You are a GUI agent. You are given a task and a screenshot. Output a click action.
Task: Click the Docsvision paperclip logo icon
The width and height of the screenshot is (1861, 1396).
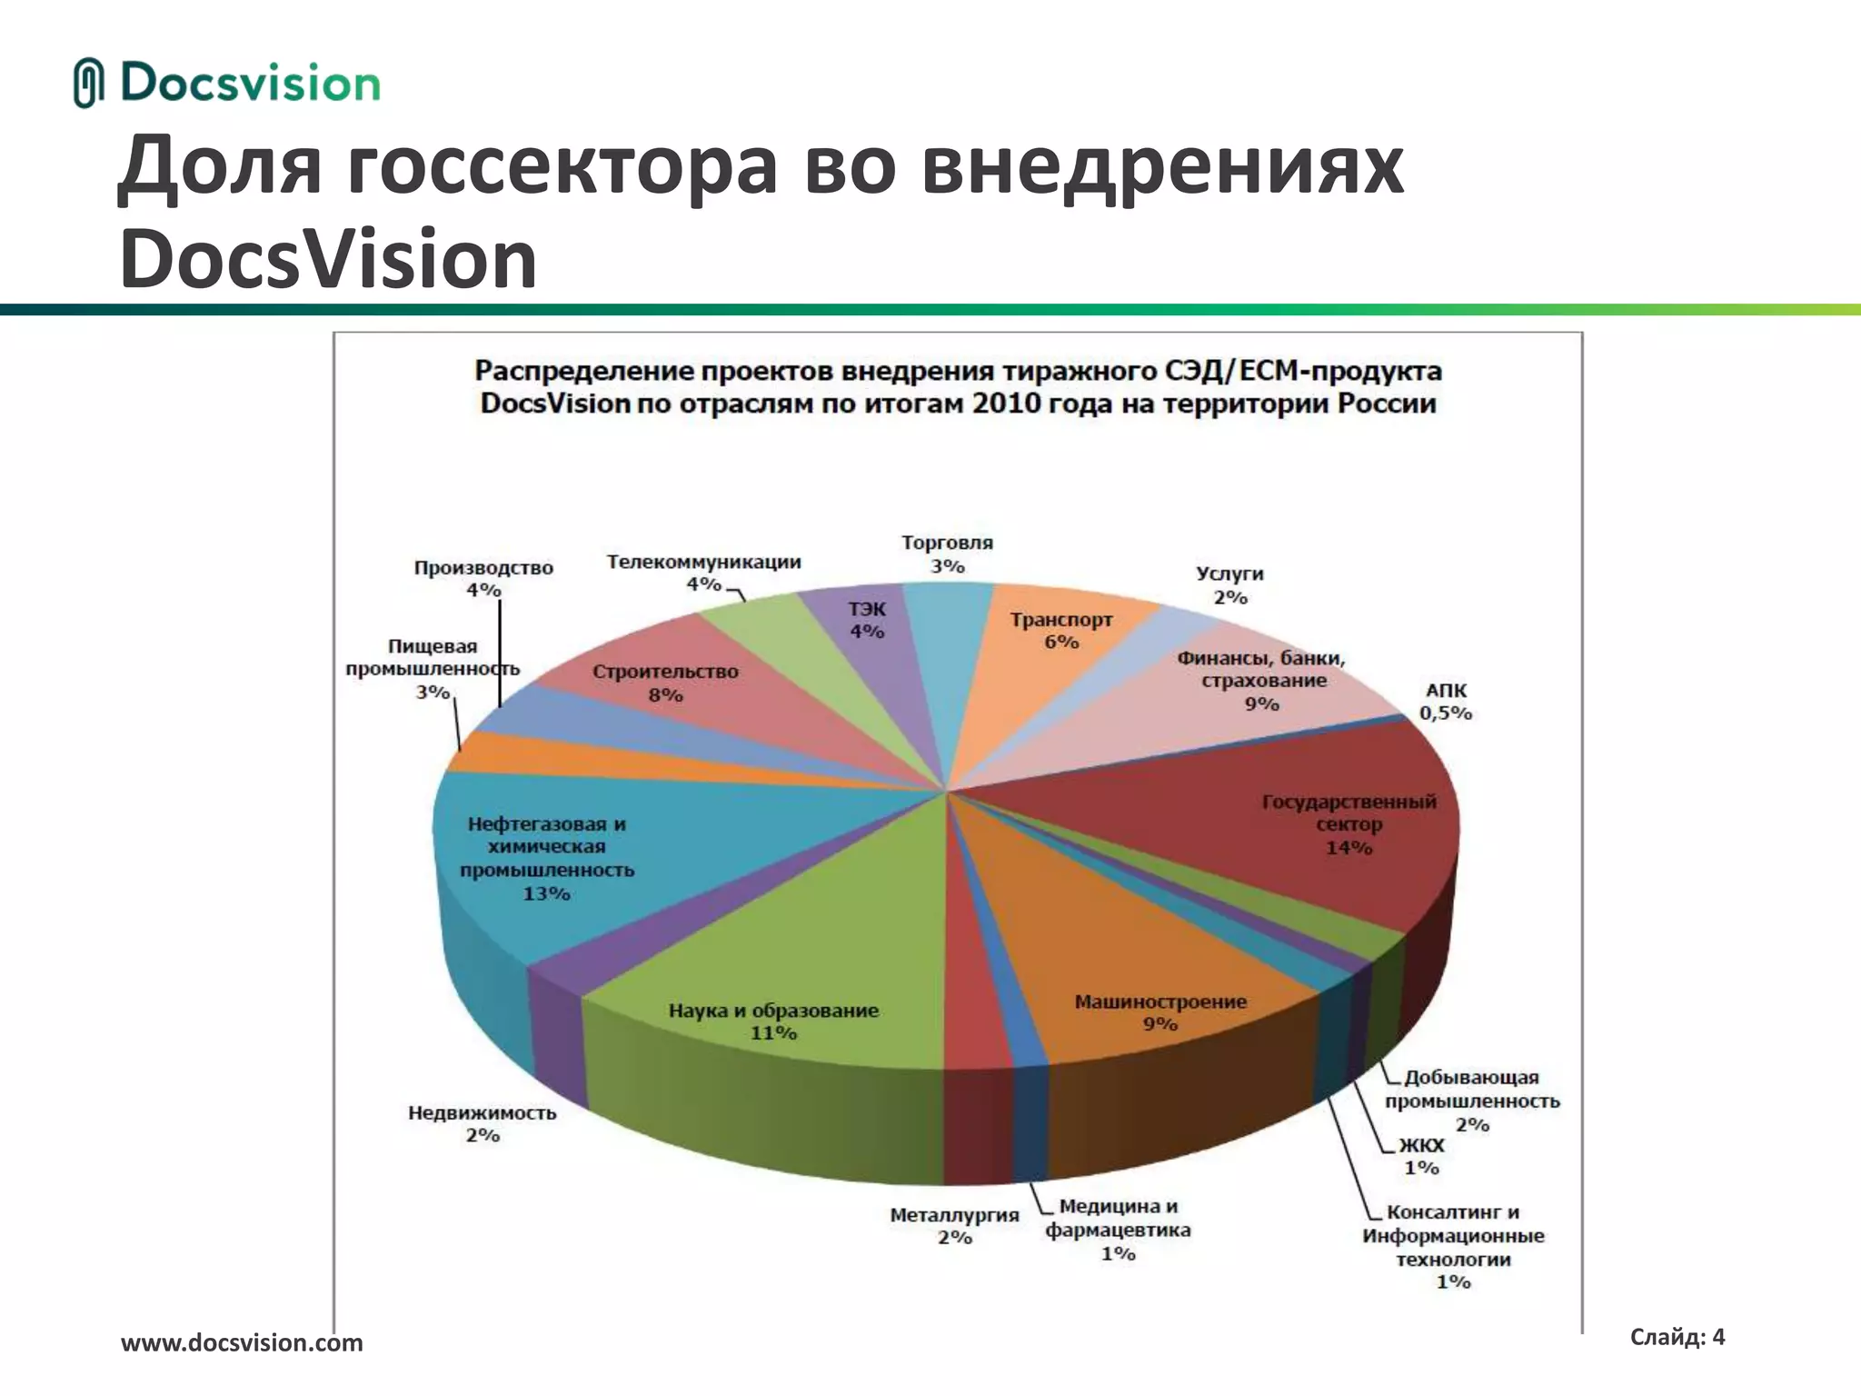click(88, 83)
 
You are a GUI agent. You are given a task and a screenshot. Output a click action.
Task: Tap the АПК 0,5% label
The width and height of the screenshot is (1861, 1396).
click(1446, 703)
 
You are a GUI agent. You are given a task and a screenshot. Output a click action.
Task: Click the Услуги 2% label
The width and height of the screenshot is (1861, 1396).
click(1230, 585)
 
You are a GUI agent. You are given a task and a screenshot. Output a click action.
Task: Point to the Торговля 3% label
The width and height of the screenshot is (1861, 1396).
click(947, 554)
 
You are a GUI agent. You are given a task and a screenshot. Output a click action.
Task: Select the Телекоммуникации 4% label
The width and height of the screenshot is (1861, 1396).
click(704, 573)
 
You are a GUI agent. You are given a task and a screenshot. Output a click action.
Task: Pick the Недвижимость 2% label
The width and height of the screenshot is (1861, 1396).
click(482, 1123)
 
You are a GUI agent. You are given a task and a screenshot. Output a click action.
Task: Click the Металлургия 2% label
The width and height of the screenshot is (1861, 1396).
click(954, 1226)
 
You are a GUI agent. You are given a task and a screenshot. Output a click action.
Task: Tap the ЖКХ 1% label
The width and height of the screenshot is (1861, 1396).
click(1421, 1156)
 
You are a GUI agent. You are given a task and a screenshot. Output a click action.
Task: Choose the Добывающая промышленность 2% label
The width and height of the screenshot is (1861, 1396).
click(1472, 1101)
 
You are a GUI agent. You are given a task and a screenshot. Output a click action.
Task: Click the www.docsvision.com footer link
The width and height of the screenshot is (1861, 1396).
click(242, 1342)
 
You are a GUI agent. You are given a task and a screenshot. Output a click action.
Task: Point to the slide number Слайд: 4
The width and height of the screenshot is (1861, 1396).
click(1677, 1336)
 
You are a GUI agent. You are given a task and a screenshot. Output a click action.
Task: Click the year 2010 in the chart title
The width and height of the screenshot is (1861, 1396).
click(1006, 404)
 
